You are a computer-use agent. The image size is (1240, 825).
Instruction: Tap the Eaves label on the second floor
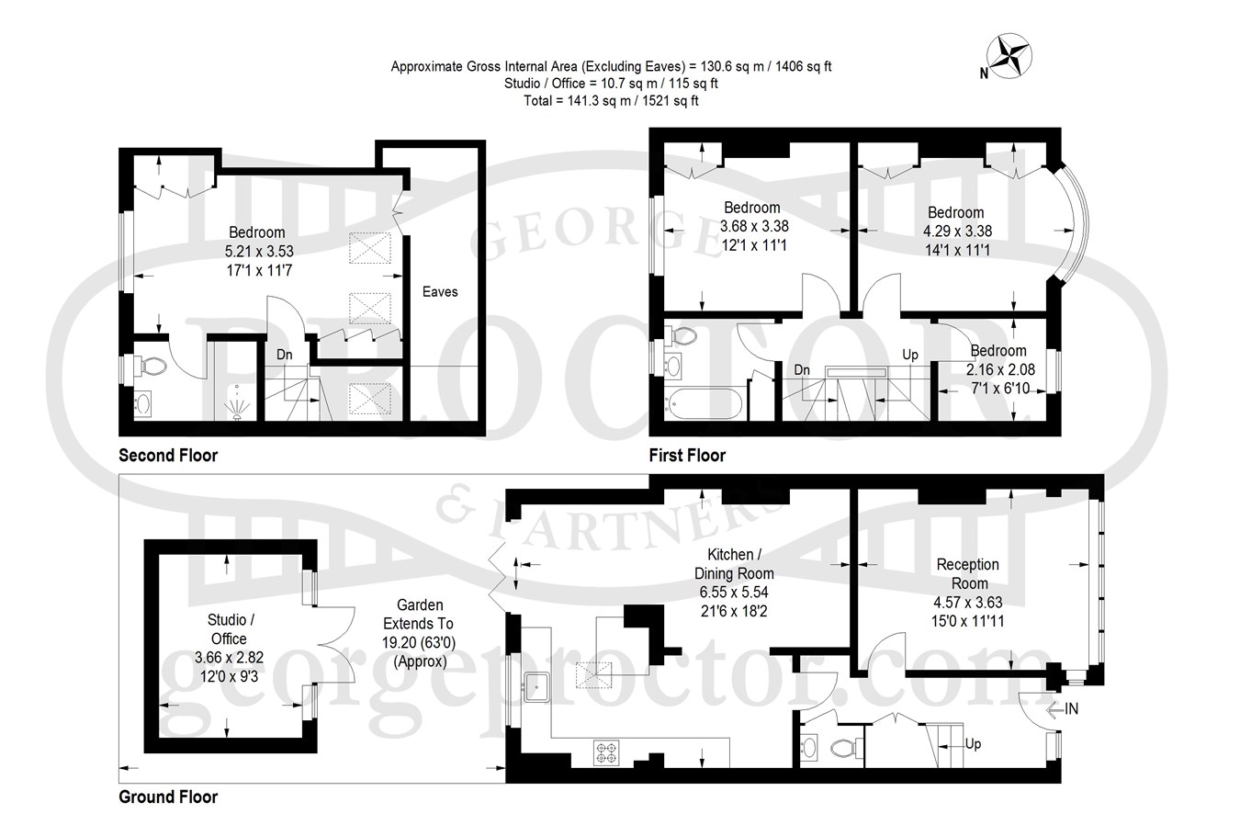tap(440, 292)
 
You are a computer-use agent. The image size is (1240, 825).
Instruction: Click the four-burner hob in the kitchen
tap(606, 753)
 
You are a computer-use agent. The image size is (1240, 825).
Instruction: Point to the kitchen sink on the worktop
tap(536, 687)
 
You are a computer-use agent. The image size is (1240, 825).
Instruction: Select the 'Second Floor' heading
tap(168, 456)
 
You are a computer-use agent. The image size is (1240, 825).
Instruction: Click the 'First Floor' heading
tap(687, 456)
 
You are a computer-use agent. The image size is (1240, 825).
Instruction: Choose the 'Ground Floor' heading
tap(168, 797)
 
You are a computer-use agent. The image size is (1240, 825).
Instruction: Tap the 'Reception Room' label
tap(967, 574)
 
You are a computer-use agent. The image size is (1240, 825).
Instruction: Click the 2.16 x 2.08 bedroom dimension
tap(1000, 370)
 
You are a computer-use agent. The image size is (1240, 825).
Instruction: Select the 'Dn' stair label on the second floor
tap(285, 355)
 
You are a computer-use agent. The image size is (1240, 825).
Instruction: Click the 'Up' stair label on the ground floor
tap(973, 743)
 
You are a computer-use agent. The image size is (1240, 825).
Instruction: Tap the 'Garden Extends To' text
tap(419, 615)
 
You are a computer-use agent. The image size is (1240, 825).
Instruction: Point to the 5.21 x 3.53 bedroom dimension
tap(259, 252)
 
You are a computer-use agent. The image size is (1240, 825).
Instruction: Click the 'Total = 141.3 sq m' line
tap(611, 101)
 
